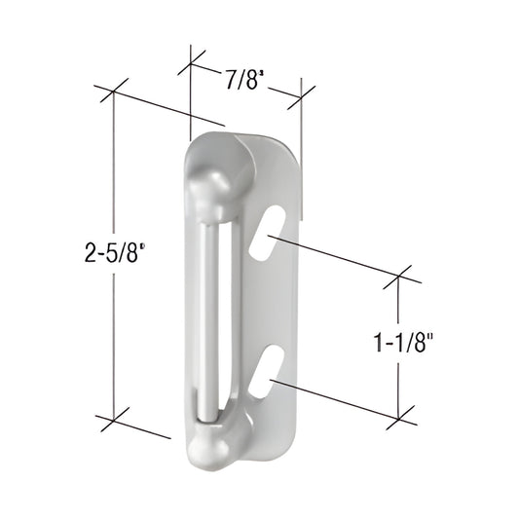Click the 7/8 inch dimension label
coord(244,80)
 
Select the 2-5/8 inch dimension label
coord(115,251)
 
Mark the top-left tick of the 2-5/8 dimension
coord(113,92)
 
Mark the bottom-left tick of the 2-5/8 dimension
coord(115,420)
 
